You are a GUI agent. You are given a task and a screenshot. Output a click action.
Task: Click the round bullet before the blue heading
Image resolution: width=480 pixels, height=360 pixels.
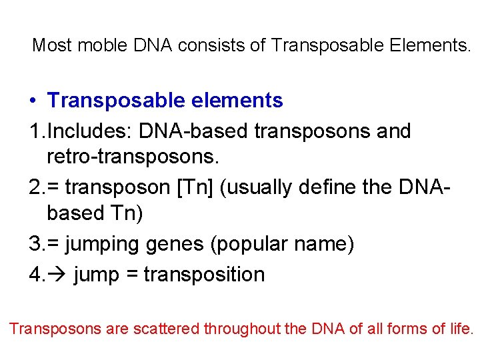tap(33, 101)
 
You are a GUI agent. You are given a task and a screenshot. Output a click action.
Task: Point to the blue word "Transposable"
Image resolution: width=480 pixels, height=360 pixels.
tap(113, 101)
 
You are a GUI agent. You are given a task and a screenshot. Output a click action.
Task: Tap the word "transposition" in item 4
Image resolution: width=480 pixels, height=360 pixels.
tap(204, 274)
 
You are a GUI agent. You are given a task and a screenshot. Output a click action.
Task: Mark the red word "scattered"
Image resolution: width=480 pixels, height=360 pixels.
tap(169, 329)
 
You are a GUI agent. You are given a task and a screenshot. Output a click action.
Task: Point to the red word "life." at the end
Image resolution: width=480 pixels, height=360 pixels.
tap(461, 329)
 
